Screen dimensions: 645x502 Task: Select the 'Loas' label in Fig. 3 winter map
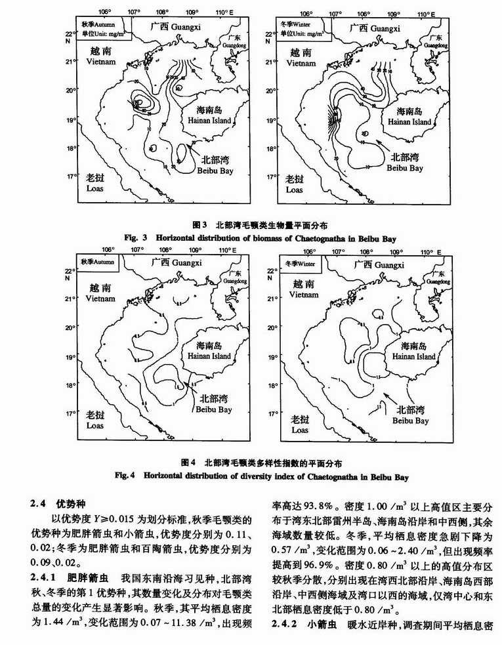coord(293,189)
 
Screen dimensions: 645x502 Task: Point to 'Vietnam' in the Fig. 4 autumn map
coord(100,299)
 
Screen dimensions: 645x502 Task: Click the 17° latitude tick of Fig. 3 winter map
coord(270,177)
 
